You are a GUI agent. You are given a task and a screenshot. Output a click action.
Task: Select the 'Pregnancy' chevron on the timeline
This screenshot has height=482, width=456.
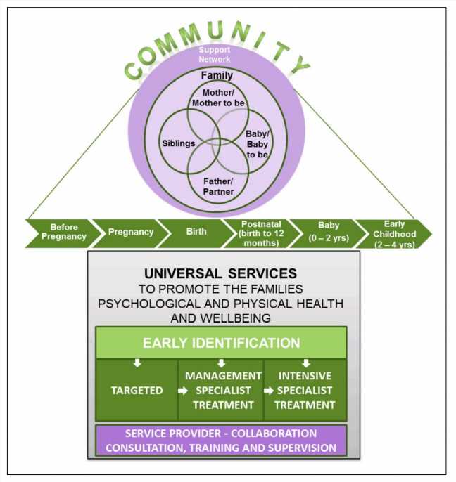pos(131,233)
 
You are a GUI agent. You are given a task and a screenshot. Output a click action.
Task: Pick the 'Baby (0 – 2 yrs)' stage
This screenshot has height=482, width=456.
pos(328,233)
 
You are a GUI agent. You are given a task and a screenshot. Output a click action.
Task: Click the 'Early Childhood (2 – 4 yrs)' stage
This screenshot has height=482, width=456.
pos(394,233)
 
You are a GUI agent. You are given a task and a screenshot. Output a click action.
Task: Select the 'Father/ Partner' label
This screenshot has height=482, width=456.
pos(220,185)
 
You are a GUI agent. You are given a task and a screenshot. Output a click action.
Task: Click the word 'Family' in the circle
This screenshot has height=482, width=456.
pos(217,75)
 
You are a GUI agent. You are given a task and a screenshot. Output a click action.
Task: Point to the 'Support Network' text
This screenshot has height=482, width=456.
pos(215,55)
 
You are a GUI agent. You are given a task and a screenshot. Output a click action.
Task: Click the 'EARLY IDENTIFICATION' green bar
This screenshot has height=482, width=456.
pos(221,343)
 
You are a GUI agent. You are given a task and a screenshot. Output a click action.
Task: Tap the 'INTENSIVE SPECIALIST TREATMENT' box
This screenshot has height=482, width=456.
pos(305,390)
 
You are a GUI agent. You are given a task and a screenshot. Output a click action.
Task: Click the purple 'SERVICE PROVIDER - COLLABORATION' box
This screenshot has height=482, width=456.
pos(221,441)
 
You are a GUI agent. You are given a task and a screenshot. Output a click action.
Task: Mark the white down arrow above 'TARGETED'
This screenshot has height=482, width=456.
pos(137,364)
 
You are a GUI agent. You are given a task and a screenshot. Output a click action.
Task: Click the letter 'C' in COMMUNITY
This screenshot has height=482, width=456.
pos(136,68)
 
